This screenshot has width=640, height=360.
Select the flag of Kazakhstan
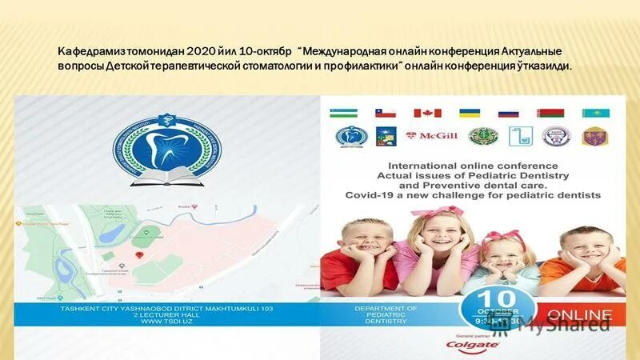[x=595, y=113]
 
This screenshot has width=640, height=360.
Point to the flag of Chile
[x=386, y=113]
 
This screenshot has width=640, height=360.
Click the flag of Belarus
[x=550, y=113]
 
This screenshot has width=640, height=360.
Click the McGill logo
[x=431, y=136]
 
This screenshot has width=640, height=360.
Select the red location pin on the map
[x=141, y=254]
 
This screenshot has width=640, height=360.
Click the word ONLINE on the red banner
[x=580, y=314]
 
